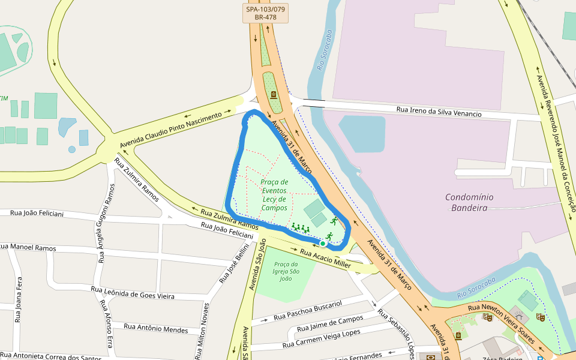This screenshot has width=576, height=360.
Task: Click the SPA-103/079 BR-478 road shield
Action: coord(265,13)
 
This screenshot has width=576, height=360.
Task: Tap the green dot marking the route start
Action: coord(323,244)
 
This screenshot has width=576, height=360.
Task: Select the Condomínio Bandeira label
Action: coord(469,202)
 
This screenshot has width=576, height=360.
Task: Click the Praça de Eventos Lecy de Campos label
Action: coord(274,194)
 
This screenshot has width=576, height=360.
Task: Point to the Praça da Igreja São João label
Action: coord(286,271)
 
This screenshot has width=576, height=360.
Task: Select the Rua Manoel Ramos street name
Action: coord(28,247)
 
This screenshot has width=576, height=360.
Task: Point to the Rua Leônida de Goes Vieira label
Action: coord(133,292)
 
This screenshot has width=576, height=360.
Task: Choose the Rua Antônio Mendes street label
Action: coord(155,328)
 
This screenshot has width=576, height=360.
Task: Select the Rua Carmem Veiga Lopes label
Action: coord(322,338)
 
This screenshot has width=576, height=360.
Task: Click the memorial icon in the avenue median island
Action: coord(274,95)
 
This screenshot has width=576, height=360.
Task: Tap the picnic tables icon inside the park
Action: coord(300,227)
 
